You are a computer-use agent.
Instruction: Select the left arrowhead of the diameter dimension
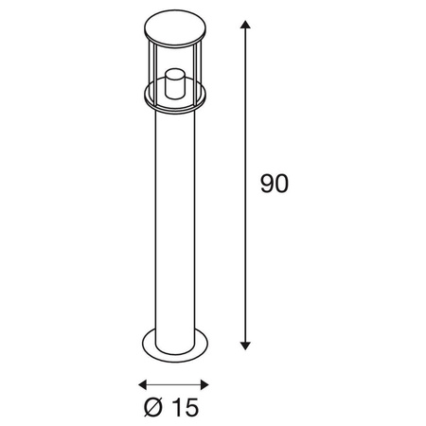click(x=143, y=384)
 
